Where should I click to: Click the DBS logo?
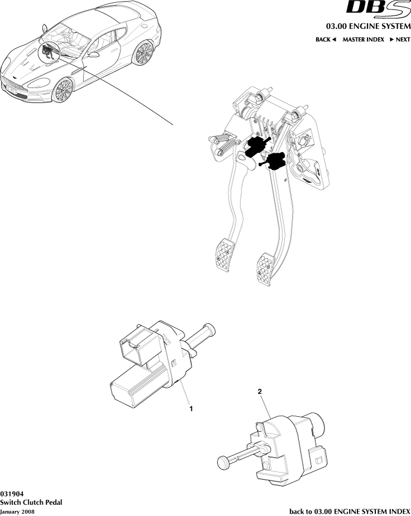pos(379,7)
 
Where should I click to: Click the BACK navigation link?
pos(325,40)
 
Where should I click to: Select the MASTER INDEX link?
pos(363,40)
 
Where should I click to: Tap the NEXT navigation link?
pos(400,40)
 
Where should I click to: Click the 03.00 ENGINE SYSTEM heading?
pos(368,26)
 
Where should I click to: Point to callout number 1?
pos(191,408)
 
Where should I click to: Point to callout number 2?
pos(259,391)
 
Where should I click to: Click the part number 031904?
pos(12,494)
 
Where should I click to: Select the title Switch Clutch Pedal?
pos(31,502)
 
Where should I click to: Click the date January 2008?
pos(17,512)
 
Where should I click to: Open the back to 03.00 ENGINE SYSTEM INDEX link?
pos(350,512)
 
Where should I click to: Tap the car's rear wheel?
pos(144,52)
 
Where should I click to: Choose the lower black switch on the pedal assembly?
pos(273,161)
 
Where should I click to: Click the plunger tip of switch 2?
pos(223,462)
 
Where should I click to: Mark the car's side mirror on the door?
pos(94,54)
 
